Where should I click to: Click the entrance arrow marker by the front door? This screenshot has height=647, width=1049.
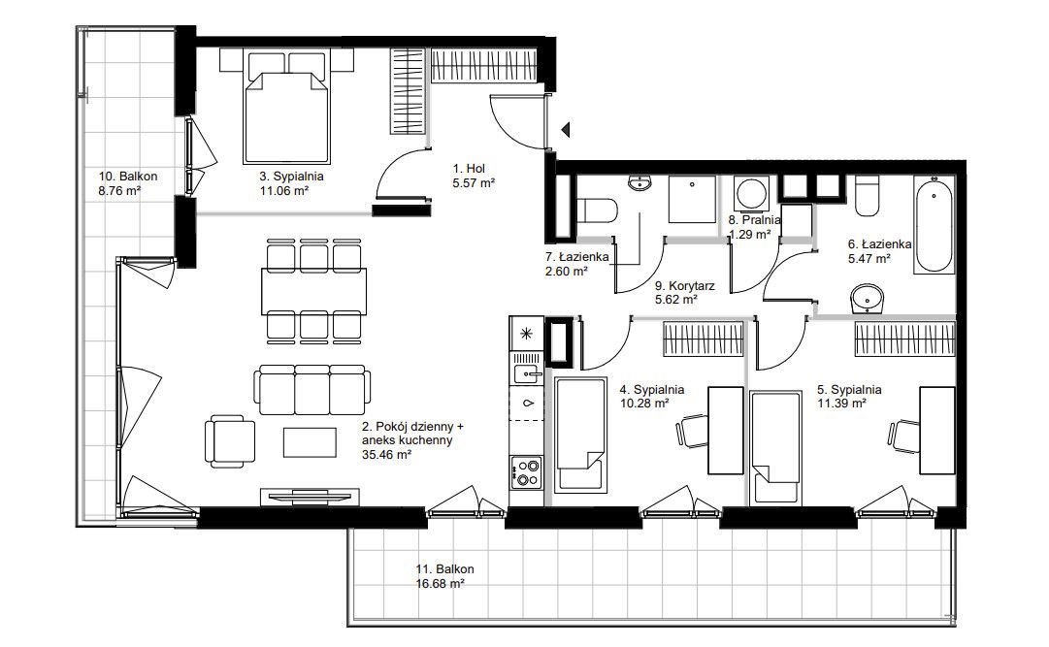click(566, 129)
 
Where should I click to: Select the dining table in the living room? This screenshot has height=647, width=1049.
click(313, 291)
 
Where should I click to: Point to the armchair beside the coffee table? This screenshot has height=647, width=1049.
click(229, 441)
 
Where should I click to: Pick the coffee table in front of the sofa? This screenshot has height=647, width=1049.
click(310, 442)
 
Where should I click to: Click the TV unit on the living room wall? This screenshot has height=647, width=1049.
click(310, 497)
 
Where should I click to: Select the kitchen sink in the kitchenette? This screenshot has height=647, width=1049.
click(527, 374)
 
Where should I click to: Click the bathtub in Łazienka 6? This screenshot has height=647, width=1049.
click(934, 224)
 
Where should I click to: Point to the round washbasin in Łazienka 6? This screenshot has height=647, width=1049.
click(869, 299)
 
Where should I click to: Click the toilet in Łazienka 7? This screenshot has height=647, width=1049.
click(596, 210)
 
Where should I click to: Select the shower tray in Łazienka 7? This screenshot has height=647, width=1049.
click(693, 199)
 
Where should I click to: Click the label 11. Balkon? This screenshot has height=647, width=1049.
click(444, 569)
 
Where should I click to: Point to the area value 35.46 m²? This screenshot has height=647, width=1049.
click(386, 454)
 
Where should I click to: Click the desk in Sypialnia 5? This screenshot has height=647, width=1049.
click(936, 431)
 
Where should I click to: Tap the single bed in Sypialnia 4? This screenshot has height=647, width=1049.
click(581, 435)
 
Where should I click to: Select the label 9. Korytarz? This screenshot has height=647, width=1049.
click(684, 286)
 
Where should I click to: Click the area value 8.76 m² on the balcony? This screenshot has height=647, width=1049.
click(119, 191)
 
